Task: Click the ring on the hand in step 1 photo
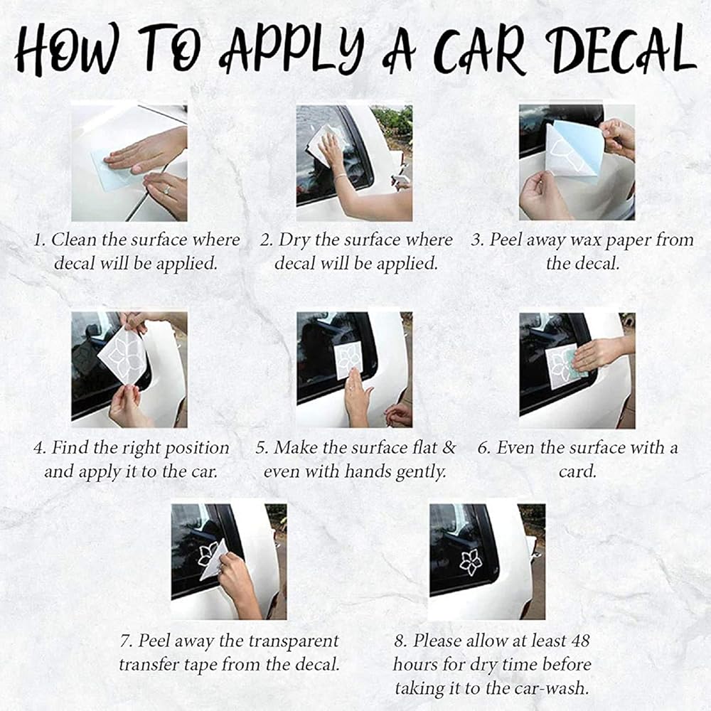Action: pyautogui.click(x=167, y=190)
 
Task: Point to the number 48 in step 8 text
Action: pyautogui.click(x=580, y=641)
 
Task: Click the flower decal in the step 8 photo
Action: pyautogui.click(x=471, y=562)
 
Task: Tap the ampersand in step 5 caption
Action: pyautogui.click(x=449, y=447)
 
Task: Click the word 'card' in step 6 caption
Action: pyautogui.click(x=577, y=471)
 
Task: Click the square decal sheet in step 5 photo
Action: pyautogui.click(x=348, y=360)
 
